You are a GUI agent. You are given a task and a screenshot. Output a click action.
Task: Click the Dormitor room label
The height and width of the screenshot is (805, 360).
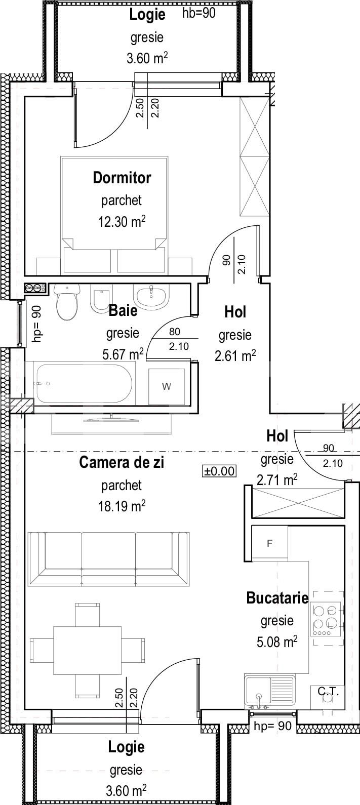pos(122,178)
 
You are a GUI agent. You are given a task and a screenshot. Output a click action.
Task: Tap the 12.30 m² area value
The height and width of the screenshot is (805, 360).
pos(122,221)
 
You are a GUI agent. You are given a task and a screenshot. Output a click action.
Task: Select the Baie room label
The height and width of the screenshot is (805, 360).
pos(123,310)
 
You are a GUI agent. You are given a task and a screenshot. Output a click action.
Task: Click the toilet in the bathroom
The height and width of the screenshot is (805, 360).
pos(67,303)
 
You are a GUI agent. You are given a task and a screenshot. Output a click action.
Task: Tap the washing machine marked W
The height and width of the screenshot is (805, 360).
pos(167,386)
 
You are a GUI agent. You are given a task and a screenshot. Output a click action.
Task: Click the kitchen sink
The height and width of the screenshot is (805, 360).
pos(269,692)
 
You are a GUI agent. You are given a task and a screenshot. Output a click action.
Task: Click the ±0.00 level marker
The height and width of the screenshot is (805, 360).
pos(219,471)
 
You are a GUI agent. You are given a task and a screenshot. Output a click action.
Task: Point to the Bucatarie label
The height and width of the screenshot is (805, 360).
pos(277,598)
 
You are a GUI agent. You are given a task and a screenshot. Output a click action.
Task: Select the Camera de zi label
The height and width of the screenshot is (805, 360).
pos(122,462)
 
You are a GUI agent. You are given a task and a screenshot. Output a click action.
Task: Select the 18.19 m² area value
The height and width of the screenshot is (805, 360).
pos(122,506)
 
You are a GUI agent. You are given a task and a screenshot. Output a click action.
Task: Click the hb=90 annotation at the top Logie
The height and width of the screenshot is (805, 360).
pos(198,14)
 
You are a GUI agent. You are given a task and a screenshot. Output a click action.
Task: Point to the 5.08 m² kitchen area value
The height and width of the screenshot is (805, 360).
pos(276,643)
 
